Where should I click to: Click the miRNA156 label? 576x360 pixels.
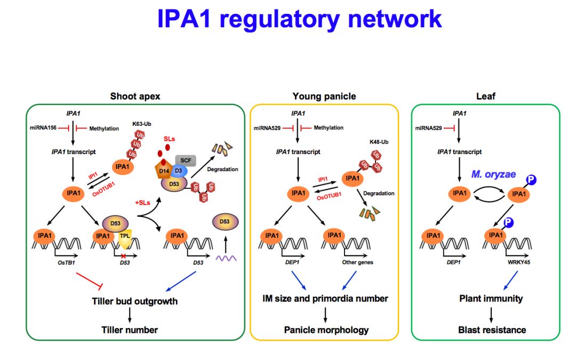click(43, 128)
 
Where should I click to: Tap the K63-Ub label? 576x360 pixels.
click(142, 124)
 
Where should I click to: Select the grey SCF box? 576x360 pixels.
click(186, 160)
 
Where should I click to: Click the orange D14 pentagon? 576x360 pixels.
click(164, 170)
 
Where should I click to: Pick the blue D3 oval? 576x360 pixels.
click(179, 171)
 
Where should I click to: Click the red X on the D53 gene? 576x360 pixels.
click(123, 256)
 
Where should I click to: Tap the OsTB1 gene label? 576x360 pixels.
click(66, 262)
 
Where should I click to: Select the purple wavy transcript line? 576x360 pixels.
click(226, 258)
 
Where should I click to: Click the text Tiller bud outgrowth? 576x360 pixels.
click(135, 301)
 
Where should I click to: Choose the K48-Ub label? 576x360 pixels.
click(379, 142)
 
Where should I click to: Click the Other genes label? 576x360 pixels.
click(357, 262)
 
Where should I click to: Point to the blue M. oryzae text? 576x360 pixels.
click(493, 174)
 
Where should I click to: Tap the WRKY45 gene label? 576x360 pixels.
click(519, 262)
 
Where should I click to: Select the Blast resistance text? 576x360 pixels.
click(492, 330)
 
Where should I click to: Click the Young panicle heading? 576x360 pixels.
click(324, 96)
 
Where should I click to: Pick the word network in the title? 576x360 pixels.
click(395, 19)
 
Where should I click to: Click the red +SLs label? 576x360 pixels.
click(142, 203)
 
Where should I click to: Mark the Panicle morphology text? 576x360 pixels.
click(326, 330)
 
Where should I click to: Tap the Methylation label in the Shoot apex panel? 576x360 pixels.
click(104, 129)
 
